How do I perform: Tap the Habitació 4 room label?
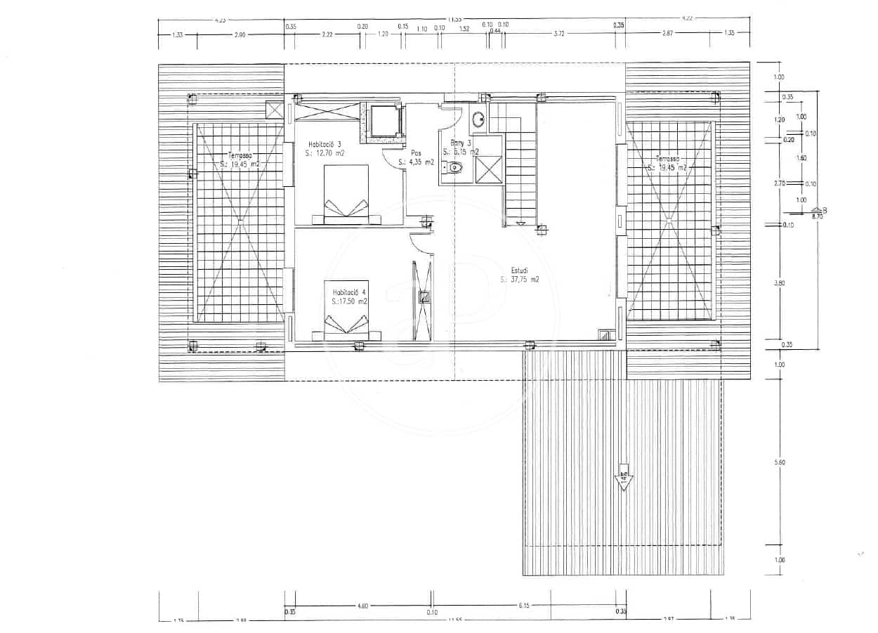point(350,292)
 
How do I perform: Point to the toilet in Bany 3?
point(455,168)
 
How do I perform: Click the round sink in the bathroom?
point(478,119)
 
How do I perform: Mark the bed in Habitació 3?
point(346,195)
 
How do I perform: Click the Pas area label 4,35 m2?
point(416,162)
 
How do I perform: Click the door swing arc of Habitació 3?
point(391,160)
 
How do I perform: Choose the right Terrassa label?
point(669,159)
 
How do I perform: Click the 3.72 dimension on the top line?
point(559,32)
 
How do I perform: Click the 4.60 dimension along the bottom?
point(362,605)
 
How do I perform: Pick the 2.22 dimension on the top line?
point(327,32)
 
